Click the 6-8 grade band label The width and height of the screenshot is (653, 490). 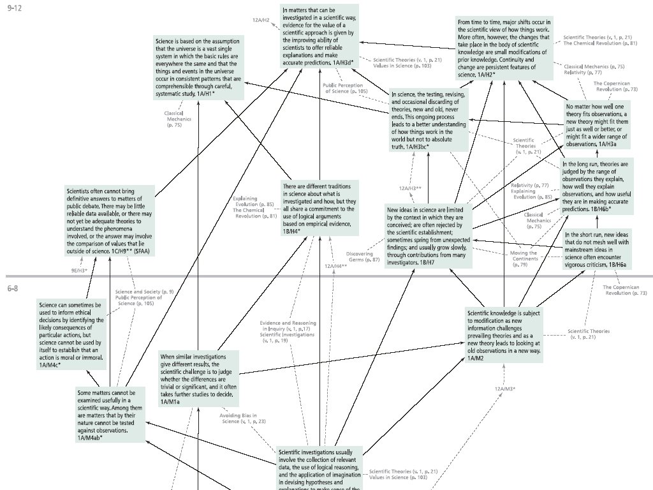(13, 288)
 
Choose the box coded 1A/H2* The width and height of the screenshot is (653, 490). (503, 48)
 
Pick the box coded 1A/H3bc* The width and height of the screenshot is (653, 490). (428, 121)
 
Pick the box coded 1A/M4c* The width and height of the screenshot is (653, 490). (70, 335)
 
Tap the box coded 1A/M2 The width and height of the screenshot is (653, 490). (504, 336)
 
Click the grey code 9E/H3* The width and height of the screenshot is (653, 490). (78, 271)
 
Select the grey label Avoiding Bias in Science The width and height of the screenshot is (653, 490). (243, 419)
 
